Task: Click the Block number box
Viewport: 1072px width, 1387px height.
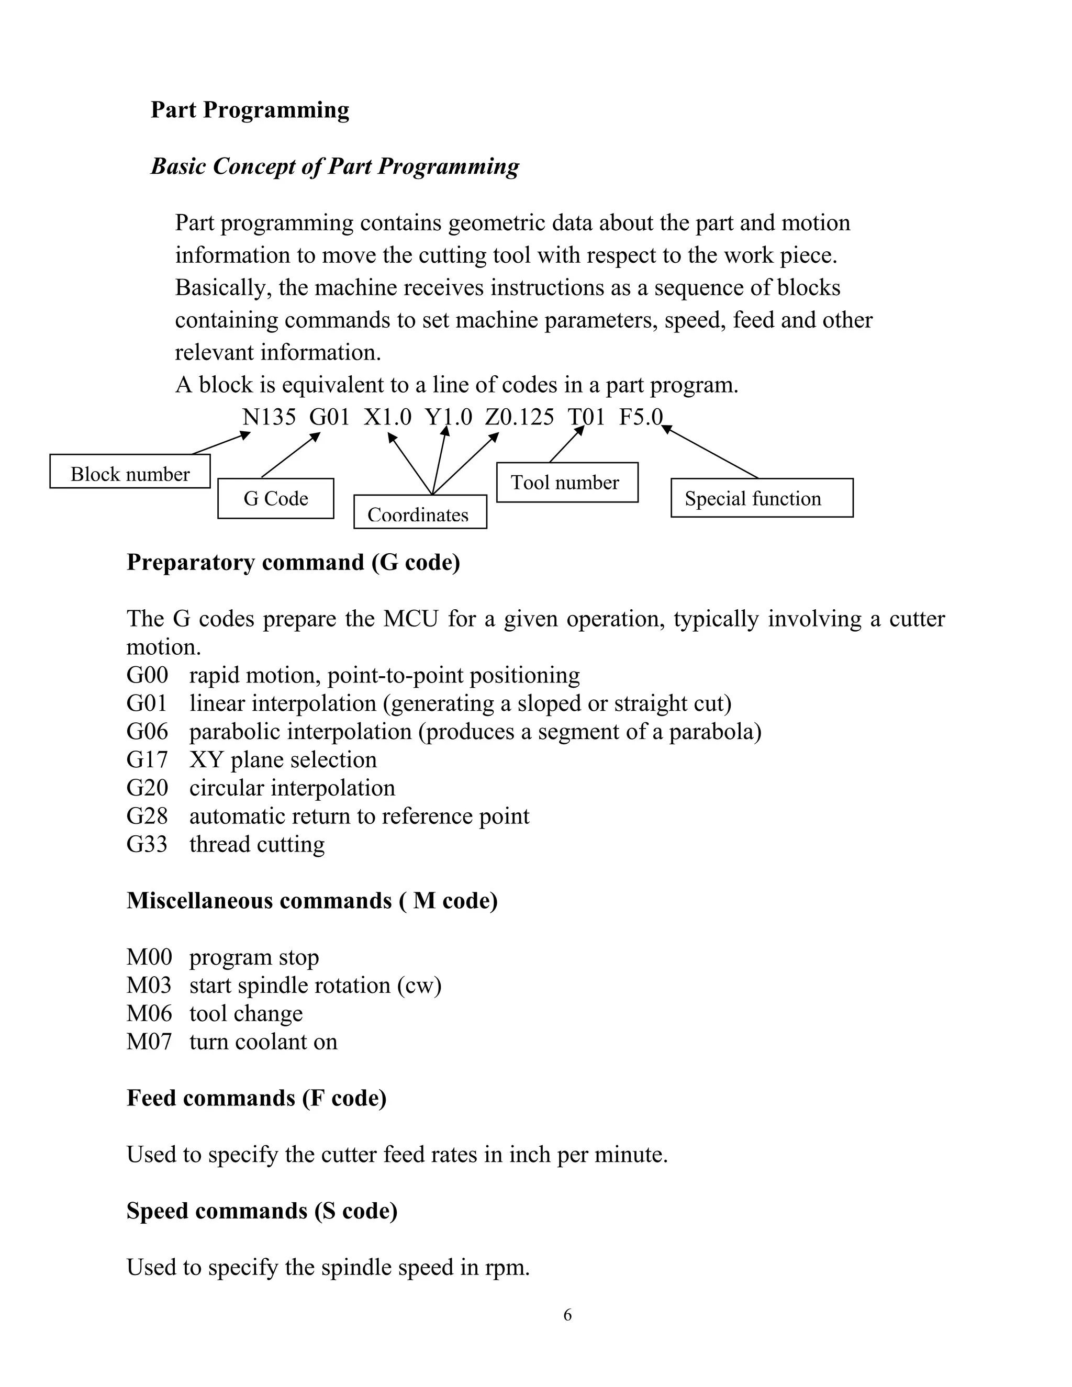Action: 130,471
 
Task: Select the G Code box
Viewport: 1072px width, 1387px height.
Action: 276,498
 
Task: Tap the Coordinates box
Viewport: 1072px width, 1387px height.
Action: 420,512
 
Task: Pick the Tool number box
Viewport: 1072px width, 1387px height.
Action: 566,483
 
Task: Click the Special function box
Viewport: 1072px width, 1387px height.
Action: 762,498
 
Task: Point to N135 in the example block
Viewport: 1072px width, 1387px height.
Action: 269,417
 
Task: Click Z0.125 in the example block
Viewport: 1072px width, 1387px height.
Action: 519,417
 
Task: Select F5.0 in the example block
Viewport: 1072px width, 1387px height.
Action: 640,417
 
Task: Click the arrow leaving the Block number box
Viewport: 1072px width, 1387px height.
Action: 221,443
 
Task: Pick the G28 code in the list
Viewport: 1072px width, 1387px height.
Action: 147,816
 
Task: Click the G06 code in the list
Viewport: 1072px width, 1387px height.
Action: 147,732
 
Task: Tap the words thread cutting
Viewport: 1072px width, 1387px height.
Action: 256,845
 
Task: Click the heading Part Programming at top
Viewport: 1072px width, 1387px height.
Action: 250,110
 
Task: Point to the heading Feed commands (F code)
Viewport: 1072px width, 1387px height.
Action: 256,1098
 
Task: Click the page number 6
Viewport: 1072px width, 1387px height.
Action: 567,1315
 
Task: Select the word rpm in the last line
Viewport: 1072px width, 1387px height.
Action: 506,1268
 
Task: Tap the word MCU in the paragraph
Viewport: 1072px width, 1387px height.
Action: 410,619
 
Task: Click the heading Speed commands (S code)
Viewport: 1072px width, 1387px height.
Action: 262,1211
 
